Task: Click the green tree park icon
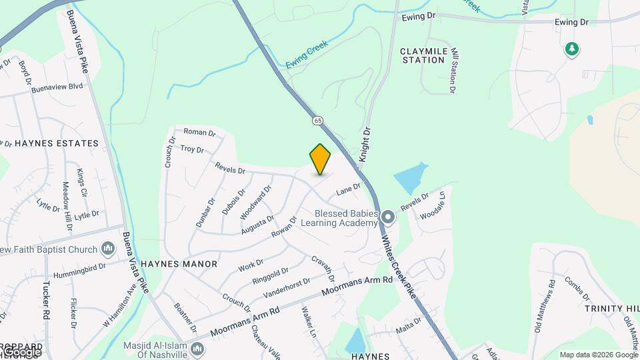571,49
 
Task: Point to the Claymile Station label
422,55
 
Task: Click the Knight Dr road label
364,141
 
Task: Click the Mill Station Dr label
454,69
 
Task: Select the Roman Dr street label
199,133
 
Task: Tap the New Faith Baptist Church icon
108,249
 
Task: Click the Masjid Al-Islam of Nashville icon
197,349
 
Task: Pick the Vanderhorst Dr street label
287,287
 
